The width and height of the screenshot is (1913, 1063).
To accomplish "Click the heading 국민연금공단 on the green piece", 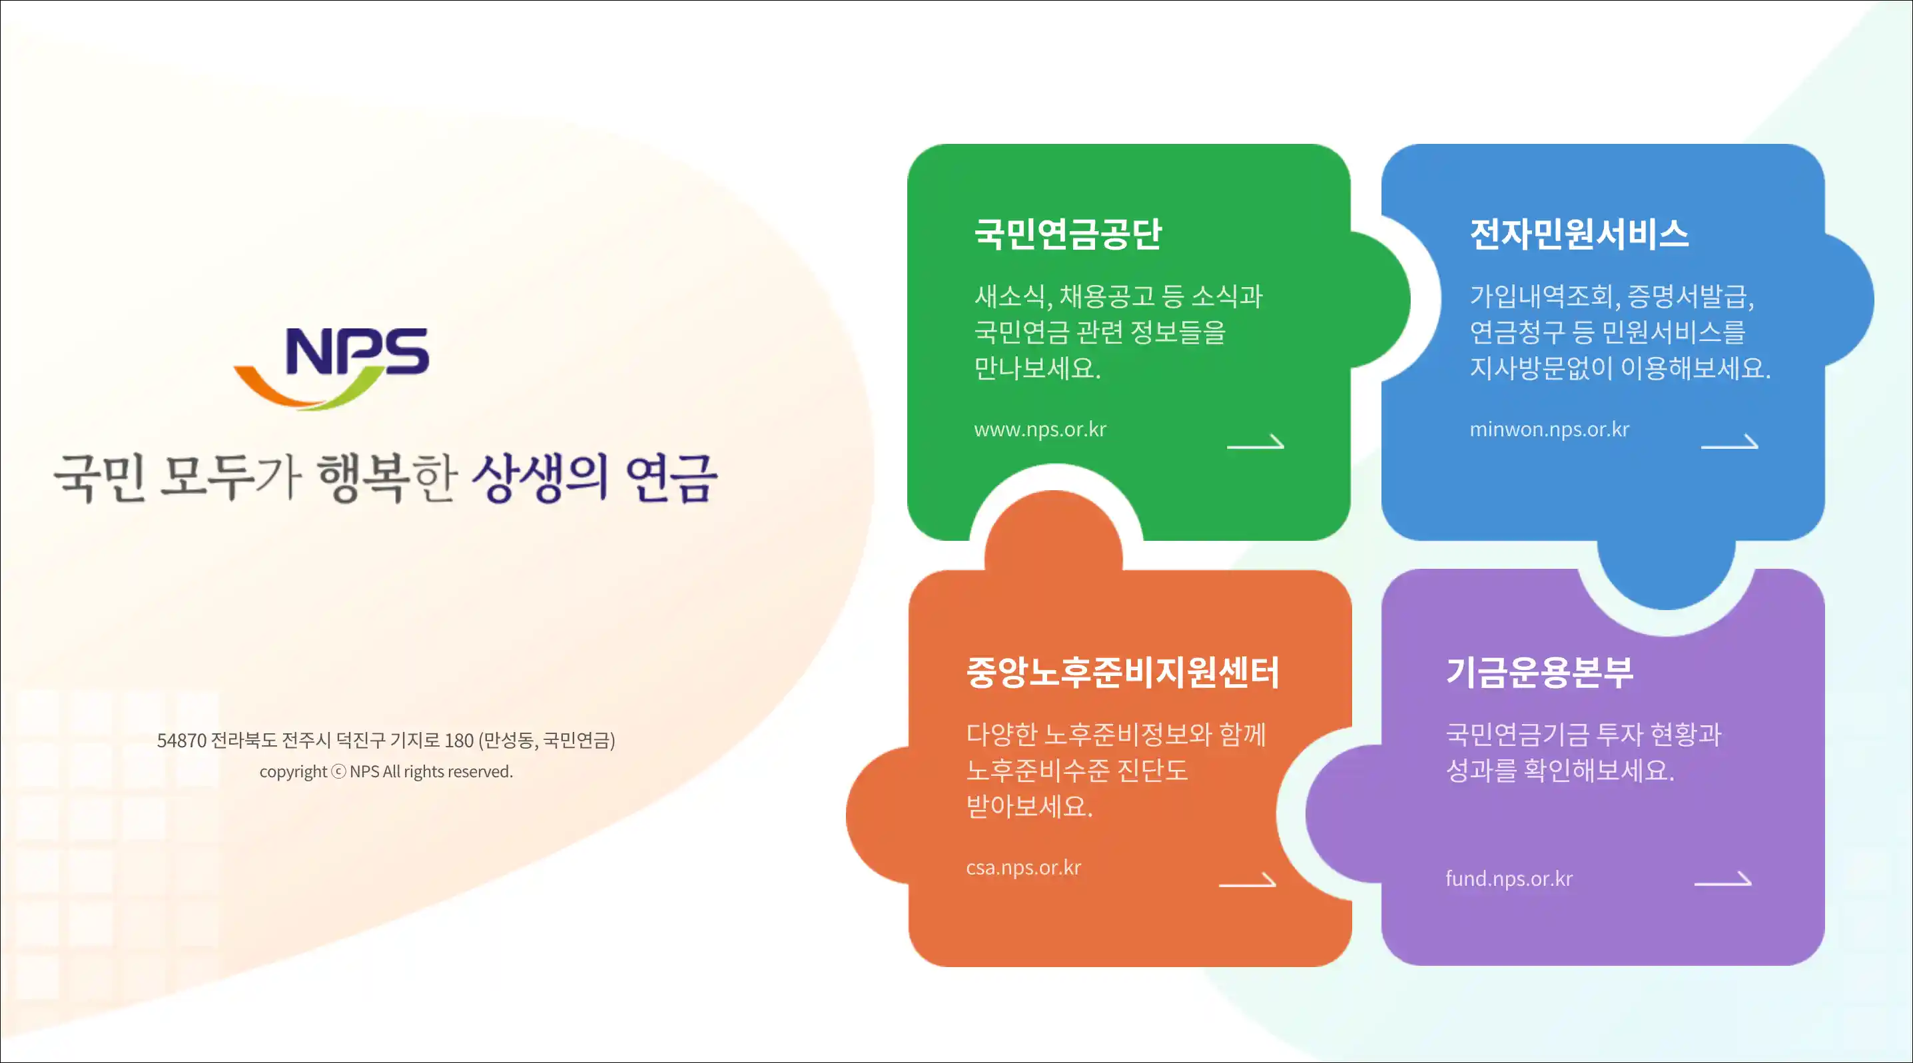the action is [x=1068, y=234].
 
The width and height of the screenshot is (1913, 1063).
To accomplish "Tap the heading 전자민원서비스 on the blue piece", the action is [x=1579, y=234].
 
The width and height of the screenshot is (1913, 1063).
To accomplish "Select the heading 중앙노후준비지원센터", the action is [x=1123, y=673].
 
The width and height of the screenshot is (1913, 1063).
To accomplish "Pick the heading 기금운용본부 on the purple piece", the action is [x=1539, y=673].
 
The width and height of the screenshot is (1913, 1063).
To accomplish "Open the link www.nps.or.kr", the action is [x=1040, y=430].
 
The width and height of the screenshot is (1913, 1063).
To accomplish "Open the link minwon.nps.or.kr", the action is [x=1549, y=430].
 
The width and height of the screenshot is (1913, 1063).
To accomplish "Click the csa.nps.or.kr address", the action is [x=1023, y=868].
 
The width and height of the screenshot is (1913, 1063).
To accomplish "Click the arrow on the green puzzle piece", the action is [x=1255, y=442].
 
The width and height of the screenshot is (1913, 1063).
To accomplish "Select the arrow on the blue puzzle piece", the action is [x=1730, y=442].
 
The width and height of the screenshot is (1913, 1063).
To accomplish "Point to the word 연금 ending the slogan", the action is [x=671, y=478].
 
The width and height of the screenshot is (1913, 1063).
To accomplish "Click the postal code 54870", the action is [x=182, y=740].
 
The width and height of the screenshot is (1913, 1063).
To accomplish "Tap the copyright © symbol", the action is [x=338, y=771].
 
